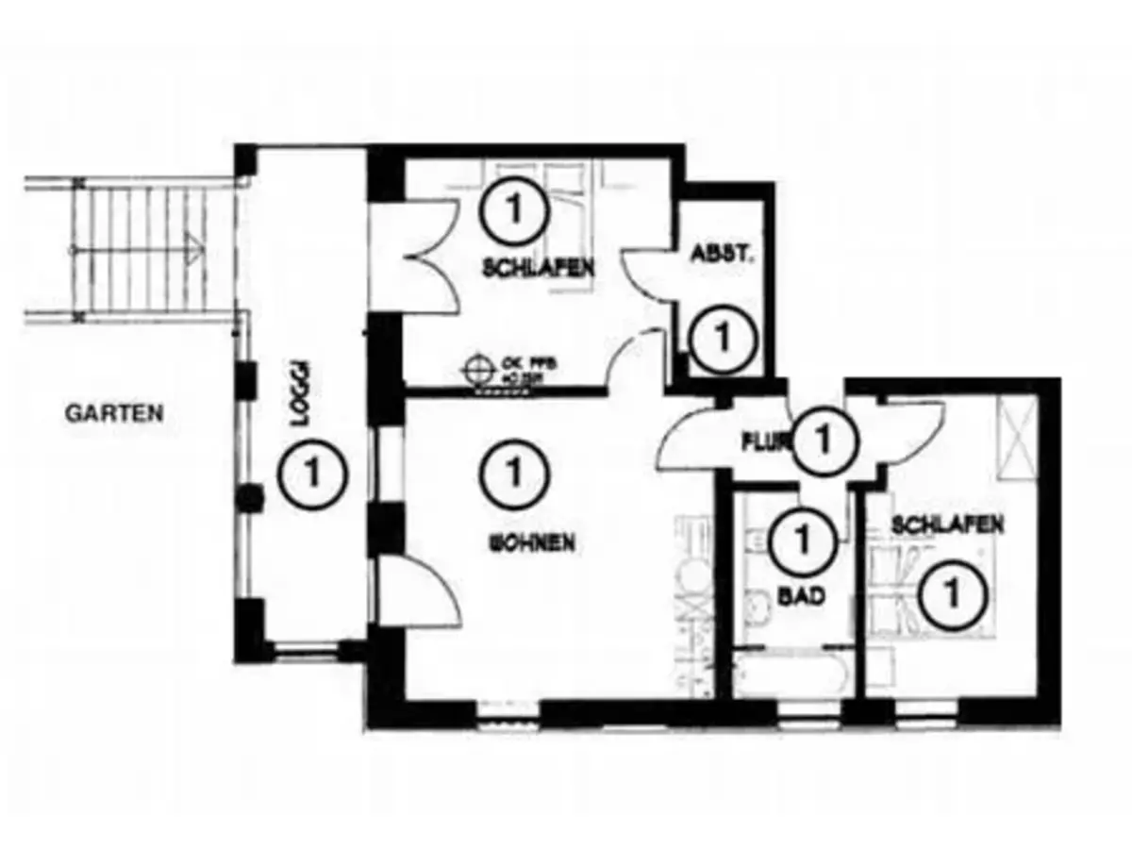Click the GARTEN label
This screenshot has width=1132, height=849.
tap(115, 412)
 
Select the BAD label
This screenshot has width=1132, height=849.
tap(802, 596)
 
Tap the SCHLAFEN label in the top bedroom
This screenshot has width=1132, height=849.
tap(538, 268)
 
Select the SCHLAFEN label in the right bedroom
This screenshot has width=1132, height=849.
tap(947, 524)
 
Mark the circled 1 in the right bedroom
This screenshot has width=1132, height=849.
tap(955, 593)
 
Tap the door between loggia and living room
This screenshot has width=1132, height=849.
tap(415, 590)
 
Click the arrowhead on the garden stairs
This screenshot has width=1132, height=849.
tap(193, 252)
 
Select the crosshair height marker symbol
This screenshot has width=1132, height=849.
tap(480, 365)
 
